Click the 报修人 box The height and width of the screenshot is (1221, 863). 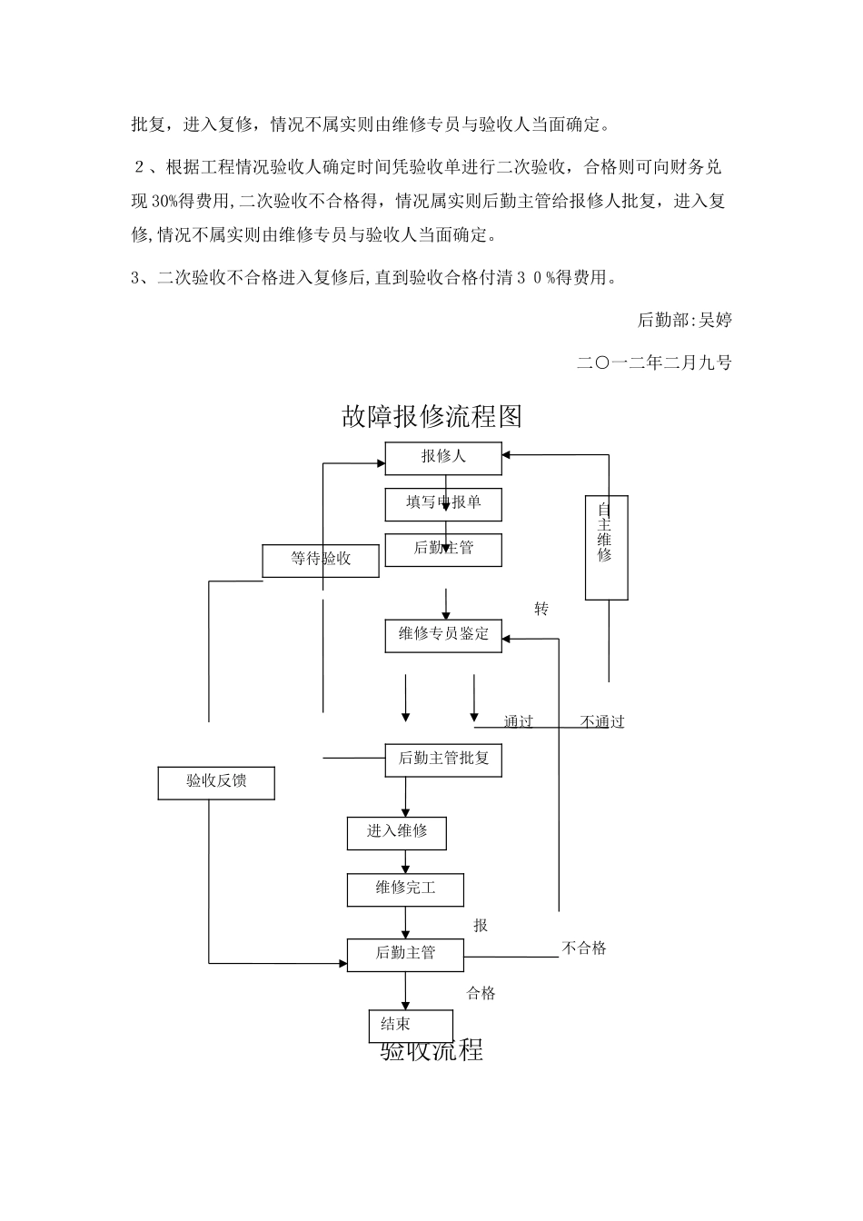pyautogui.click(x=443, y=458)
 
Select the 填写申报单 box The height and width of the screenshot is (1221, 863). pyautogui.click(x=443, y=503)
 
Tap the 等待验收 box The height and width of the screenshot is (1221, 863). pyautogui.click(x=320, y=560)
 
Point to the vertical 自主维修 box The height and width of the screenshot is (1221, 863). pyautogui.click(x=606, y=548)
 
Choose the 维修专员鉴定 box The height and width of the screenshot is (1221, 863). pyautogui.click(x=443, y=635)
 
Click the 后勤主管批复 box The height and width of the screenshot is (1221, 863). pyautogui.click(x=443, y=759)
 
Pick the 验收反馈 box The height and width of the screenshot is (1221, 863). pyautogui.click(x=216, y=782)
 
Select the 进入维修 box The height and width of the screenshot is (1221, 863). pyautogui.click(x=397, y=832)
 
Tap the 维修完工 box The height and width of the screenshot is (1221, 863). pyautogui.click(x=405, y=889)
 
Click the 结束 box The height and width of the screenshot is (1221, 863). pyautogui.click(x=411, y=1026)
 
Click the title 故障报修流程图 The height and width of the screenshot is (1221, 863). pyautogui.click(x=431, y=417)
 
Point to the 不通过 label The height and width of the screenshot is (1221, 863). pyautogui.click(x=602, y=722)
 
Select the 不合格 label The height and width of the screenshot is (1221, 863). pyautogui.click(x=584, y=948)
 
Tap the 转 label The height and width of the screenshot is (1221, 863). pyautogui.click(x=541, y=610)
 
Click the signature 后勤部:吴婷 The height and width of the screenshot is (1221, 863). pyautogui.click(x=684, y=320)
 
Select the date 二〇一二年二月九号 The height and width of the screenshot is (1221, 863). pyautogui.click(x=654, y=362)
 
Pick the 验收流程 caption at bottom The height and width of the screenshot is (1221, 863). pyautogui.click(x=431, y=1051)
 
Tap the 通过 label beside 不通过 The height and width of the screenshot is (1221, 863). pyautogui.click(x=519, y=722)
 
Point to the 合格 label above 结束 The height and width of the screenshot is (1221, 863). pyautogui.click(x=481, y=994)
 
